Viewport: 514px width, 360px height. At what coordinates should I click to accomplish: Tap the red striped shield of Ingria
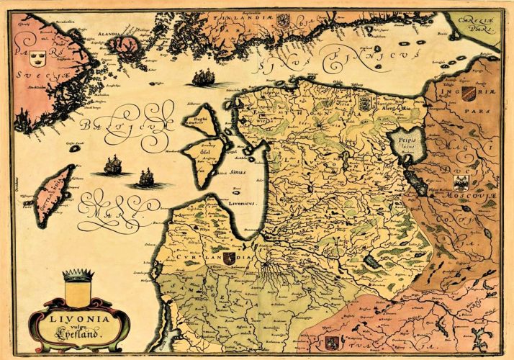click(x=468, y=94)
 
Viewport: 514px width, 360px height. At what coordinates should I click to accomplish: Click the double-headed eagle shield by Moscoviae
click(x=460, y=181)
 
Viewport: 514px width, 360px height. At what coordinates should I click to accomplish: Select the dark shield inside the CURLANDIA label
click(x=229, y=258)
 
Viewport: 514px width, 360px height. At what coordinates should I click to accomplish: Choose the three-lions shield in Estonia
click(x=363, y=102)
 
